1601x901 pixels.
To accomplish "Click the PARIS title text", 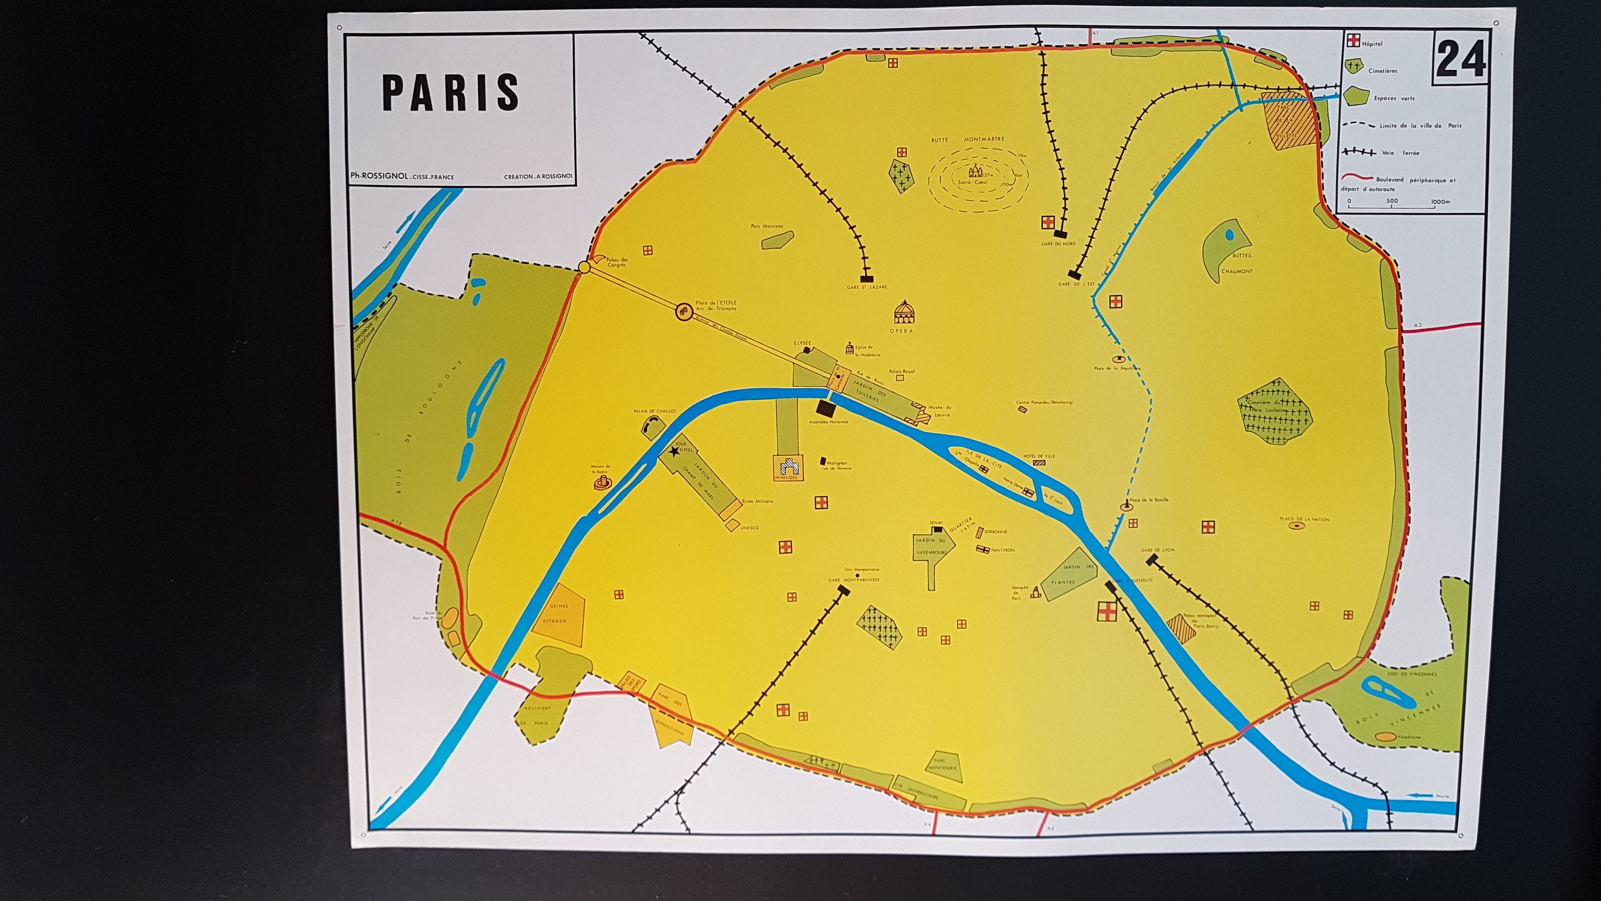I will (450, 93).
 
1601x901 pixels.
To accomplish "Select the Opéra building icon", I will (903, 313).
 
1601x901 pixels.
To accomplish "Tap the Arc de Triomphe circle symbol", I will (683, 312).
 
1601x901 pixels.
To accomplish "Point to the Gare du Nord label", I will (1058, 244).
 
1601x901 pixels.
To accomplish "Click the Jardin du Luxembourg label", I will (930, 546).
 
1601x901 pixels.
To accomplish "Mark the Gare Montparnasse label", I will (853, 580).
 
